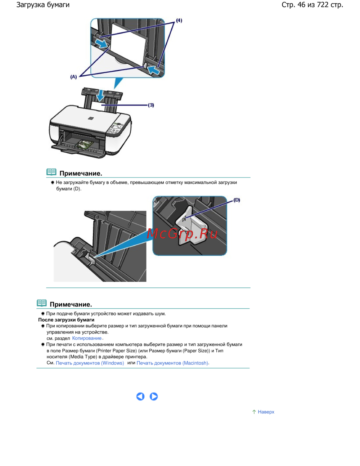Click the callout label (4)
coord(179,21)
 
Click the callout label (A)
coord(73,77)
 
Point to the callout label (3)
coord(151,105)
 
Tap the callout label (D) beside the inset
coord(237,200)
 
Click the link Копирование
coord(87,338)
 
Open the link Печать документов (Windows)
coord(90,363)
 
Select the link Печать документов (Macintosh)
coord(172,363)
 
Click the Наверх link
coord(266,412)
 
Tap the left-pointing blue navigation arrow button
coord(140,396)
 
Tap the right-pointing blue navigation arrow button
coord(154,396)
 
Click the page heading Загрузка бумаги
coord(43,5)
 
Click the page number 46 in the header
coord(301,5)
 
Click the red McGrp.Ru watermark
coord(182,234)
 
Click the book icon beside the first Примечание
coord(51,172)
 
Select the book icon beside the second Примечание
coord(42,303)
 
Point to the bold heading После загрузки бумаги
coord(66,320)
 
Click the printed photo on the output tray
coord(84,144)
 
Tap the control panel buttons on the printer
coord(115,128)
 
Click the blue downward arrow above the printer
coord(99,96)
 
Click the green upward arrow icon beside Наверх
coord(254,412)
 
